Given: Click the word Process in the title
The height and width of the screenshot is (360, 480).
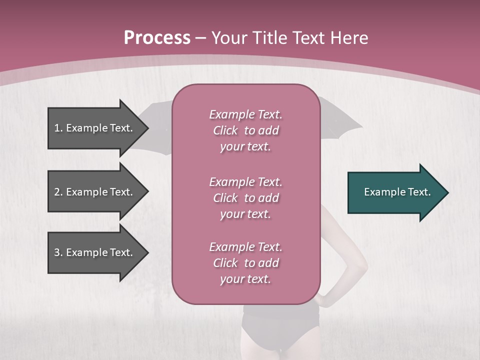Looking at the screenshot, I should point(157,38).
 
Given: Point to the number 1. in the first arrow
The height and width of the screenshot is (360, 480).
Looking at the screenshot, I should point(58,128).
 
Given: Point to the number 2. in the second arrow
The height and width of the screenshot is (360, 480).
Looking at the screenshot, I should point(58,192).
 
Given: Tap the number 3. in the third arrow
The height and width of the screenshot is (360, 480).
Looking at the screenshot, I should point(58,252).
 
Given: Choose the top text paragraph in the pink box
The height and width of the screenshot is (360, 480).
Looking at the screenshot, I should point(245,130).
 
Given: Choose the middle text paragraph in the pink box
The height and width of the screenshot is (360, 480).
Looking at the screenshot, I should point(245,198).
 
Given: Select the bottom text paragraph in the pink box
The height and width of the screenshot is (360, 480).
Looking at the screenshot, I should point(245,263).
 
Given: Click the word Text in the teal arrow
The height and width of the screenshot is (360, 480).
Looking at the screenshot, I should point(419,192).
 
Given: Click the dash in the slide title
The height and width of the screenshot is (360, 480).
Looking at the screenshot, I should point(201,38).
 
